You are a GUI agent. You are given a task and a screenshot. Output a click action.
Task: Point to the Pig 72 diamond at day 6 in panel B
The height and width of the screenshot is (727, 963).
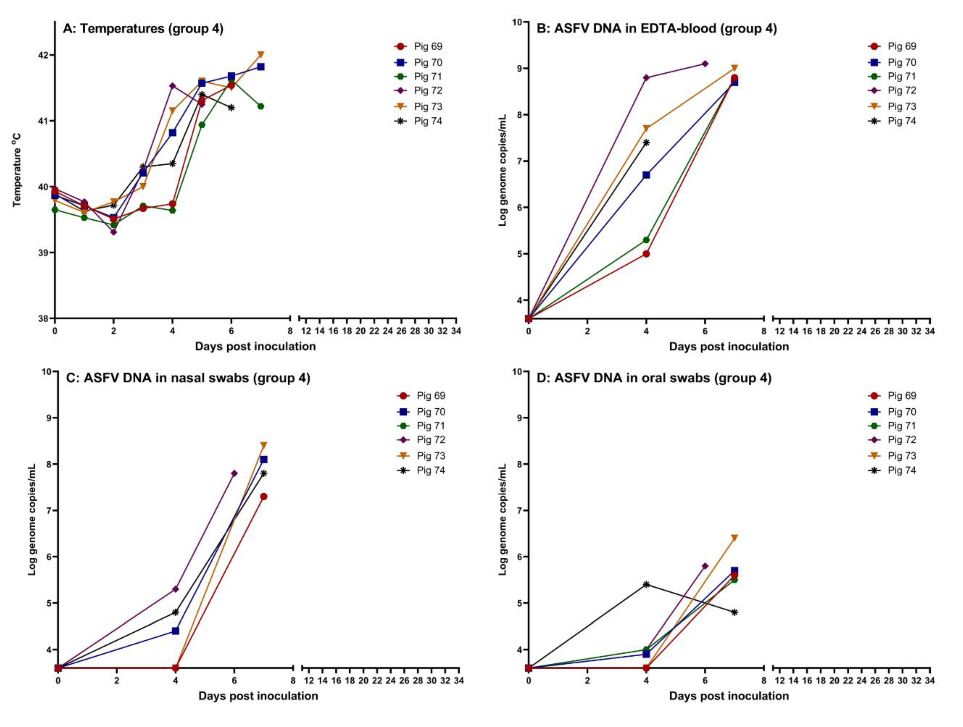[x=705, y=64]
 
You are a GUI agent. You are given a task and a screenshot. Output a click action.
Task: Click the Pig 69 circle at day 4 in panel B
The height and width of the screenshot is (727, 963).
[x=646, y=254]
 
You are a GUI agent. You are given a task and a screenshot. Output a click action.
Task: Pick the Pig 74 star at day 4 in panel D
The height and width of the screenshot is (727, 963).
[x=646, y=584]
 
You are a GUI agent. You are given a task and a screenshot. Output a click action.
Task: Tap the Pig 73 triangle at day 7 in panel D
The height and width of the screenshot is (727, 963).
[x=735, y=538]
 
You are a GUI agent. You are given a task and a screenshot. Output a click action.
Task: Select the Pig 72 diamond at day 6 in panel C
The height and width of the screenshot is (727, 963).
[x=234, y=473]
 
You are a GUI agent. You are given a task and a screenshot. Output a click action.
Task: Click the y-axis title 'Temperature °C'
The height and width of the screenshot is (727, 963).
[x=17, y=170]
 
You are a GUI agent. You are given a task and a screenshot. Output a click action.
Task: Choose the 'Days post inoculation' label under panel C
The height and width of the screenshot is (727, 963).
[x=258, y=696]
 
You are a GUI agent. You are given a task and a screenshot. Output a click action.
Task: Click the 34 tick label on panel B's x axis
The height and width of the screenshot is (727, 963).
[x=930, y=331]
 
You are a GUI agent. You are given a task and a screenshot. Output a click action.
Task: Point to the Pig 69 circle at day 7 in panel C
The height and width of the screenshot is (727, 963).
[x=263, y=496]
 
